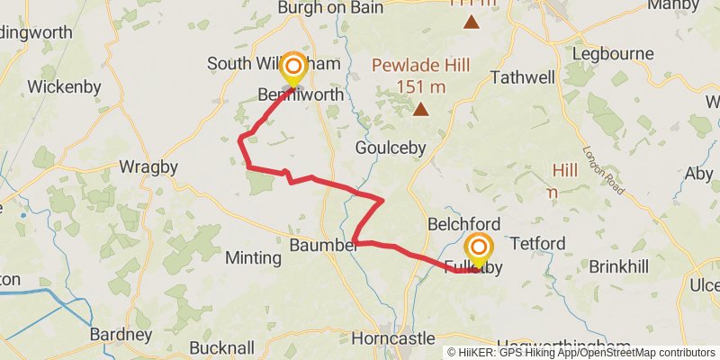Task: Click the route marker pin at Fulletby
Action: pyautogui.click(x=478, y=249)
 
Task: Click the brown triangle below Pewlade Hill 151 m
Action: pyautogui.click(x=421, y=110)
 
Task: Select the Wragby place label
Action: pyautogui.click(x=148, y=167)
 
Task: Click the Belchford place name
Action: pyautogui.click(x=464, y=223)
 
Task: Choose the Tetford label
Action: pyautogui.click(x=537, y=244)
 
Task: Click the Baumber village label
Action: pyautogui.click(x=323, y=244)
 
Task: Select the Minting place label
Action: pyautogui.click(x=253, y=258)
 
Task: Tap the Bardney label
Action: pyautogui.click(x=121, y=335)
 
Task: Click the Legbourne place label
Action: pyautogui.click(x=617, y=53)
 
